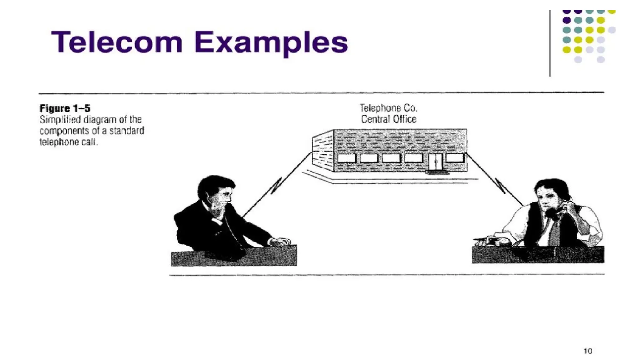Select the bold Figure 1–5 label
click(x=65, y=108)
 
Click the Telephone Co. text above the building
click(x=389, y=108)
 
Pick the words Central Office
click(x=389, y=119)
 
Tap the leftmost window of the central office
click(x=347, y=158)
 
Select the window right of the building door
click(x=455, y=158)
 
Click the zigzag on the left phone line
click(x=276, y=186)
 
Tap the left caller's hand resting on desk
click(x=280, y=242)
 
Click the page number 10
click(x=588, y=351)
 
